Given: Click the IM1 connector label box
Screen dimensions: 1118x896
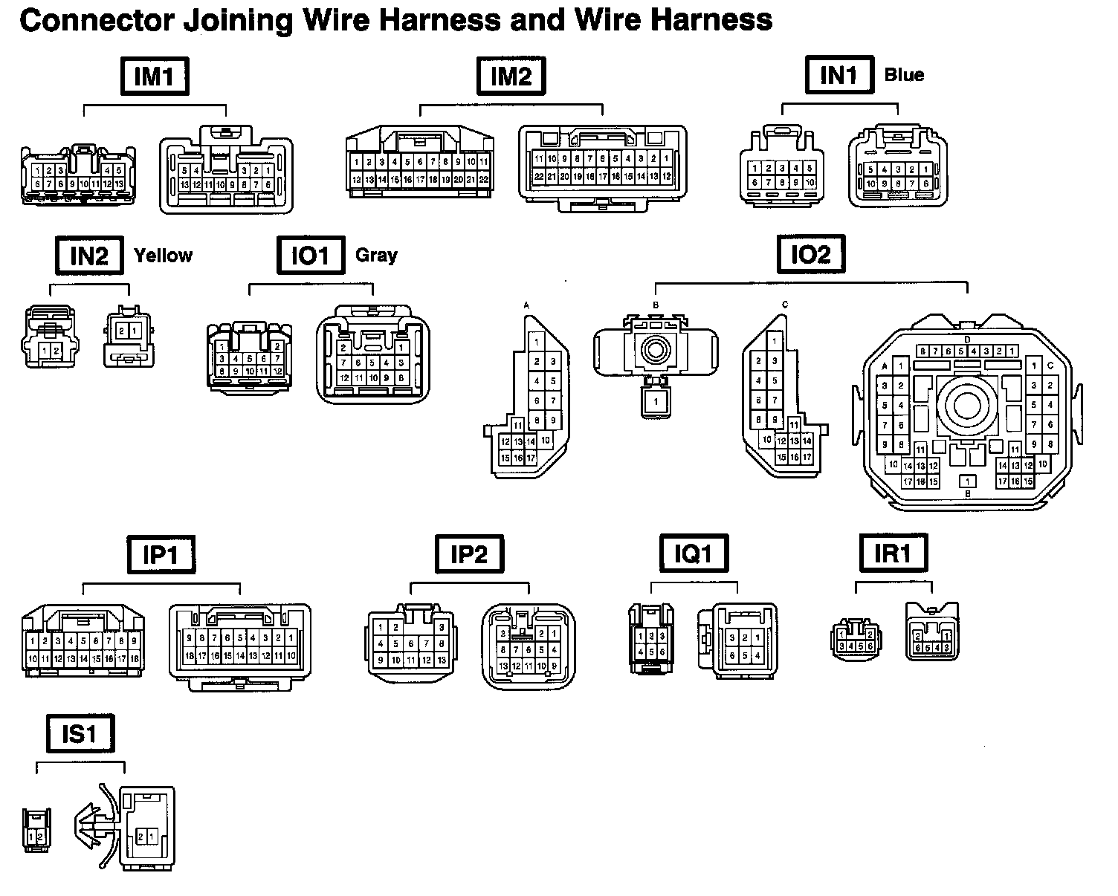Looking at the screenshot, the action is [155, 77].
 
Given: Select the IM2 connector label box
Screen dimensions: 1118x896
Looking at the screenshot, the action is [511, 77].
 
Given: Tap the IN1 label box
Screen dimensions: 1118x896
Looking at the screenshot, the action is [839, 75].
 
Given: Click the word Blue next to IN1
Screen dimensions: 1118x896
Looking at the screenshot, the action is [904, 75].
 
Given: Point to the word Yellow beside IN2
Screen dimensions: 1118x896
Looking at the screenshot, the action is [163, 256].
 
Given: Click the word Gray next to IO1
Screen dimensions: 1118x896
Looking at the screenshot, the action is [376, 256].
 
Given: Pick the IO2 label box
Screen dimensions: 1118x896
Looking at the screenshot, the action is [810, 256].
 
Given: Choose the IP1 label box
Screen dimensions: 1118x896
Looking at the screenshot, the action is [161, 554].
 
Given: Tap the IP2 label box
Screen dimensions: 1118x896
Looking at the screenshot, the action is [469, 554].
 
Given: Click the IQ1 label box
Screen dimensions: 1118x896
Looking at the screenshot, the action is [694, 554].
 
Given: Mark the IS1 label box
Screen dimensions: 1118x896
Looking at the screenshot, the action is [80, 734].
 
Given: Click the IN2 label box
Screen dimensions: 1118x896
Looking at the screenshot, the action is [89, 256].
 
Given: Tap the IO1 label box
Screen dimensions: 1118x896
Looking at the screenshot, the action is [310, 256].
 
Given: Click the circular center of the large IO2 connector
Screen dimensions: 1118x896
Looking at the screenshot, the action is [966, 405].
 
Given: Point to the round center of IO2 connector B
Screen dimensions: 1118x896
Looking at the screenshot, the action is [656, 348].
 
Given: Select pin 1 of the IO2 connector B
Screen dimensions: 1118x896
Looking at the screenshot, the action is [656, 402].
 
